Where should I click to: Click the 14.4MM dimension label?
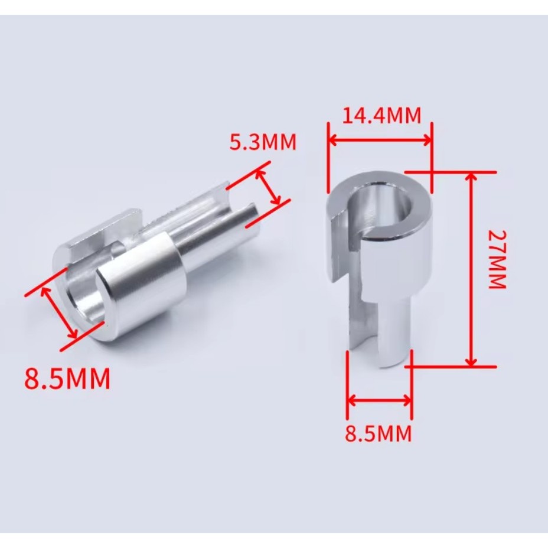pos(381,116)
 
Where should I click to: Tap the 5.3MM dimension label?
pos(263,142)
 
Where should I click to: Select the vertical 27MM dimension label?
pos(497,259)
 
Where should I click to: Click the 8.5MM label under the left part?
pos(67,378)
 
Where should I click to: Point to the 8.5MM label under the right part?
pos(378,433)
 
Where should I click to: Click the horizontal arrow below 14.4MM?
pos(380,141)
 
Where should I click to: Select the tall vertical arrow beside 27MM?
pos(471,269)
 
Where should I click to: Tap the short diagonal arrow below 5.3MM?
pos(268,187)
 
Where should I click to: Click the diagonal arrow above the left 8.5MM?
pos(59,312)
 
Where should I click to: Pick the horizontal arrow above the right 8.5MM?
pos(380,400)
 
